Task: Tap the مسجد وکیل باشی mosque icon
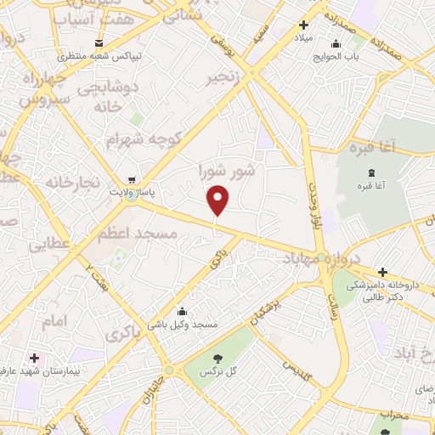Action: click(181, 310)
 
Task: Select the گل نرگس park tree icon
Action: click(217, 358)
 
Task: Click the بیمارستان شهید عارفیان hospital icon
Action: click(34, 358)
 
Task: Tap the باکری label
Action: click(122, 334)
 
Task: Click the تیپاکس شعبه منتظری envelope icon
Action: click(100, 42)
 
